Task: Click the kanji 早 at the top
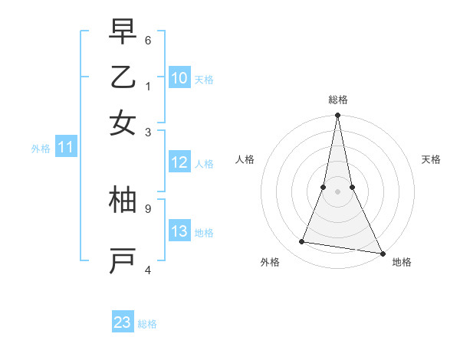tap(123, 32)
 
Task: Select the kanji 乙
tap(123, 77)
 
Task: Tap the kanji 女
tap(123, 123)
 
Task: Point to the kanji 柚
tap(123, 200)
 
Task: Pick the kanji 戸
tap(123, 260)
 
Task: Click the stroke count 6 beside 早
tap(148, 39)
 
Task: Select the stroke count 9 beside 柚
tap(148, 207)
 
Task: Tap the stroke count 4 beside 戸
tap(148, 269)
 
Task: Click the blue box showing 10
tap(179, 78)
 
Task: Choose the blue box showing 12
tap(179, 162)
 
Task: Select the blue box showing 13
tap(179, 231)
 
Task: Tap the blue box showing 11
tap(65, 147)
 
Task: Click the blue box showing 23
tap(123, 322)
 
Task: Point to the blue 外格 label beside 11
tap(41, 149)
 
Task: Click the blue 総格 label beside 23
tap(147, 324)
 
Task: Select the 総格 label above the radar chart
tap(337, 100)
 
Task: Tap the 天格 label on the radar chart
tap(432, 159)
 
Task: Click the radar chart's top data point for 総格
tap(337, 116)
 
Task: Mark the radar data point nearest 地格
tap(382, 253)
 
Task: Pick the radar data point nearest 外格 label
tap(302, 242)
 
